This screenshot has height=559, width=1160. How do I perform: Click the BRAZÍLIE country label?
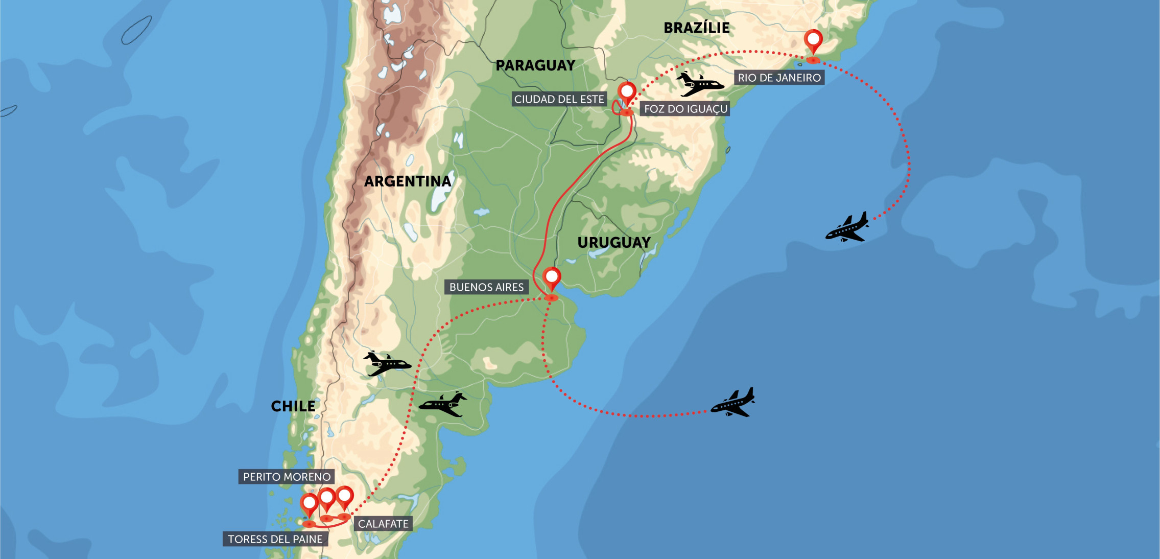pos(696,28)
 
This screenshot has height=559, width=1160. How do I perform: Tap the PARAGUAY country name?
pos(535,65)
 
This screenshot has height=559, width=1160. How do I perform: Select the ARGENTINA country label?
pos(408,181)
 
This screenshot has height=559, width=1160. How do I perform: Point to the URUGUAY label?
pos(614,243)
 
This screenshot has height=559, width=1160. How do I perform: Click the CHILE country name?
pos(293,406)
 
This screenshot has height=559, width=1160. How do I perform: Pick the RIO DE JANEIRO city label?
pos(779,78)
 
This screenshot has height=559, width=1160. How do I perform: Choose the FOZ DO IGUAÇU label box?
pos(685,109)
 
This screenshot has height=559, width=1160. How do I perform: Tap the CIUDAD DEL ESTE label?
pos(559,99)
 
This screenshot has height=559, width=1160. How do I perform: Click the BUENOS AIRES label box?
pos(486,287)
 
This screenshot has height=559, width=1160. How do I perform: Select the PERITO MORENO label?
pos(287,477)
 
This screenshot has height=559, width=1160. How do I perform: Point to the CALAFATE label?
pos(383,524)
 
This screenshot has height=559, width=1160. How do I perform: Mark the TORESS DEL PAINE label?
pos(275,539)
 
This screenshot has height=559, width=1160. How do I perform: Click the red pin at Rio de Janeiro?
pos(813,40)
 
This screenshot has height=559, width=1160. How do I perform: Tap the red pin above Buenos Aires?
pos(552,277)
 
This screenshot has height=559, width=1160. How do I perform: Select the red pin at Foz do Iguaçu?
pos(627,92)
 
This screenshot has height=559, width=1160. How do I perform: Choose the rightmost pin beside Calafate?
pos(345,496)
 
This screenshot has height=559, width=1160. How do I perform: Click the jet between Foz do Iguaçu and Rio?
pos(699,84)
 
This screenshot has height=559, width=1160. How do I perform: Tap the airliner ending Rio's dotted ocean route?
pos(848,227)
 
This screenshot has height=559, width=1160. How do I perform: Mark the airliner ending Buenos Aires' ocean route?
pos(733,403)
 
